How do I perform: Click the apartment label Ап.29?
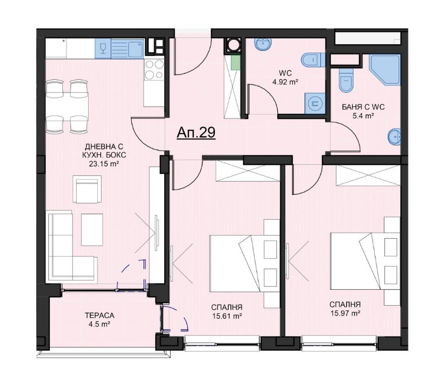[x=196, y=133]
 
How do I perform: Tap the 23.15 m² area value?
[x=104, y=164]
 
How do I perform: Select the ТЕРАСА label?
[x=100, y=315]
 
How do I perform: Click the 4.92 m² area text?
[x=285, y=82]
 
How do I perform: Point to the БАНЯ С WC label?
[x=363, y=107]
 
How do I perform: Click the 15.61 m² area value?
[x=227, y=316]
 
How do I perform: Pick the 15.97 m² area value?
[x=345, y=313]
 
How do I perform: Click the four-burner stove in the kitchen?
[x=154, y=69]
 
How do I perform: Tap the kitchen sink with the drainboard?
[x=127, y=48]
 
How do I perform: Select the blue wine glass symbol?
[x=103, y=48]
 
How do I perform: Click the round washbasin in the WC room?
[x=263, y=44]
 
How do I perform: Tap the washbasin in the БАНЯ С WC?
[x=394, y=137]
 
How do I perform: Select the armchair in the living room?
[x=87, y=189]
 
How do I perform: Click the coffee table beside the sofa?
[x=92, y=229]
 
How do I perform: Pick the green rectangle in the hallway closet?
[x=234, y=63]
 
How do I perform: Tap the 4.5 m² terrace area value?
[x=99, y=325]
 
